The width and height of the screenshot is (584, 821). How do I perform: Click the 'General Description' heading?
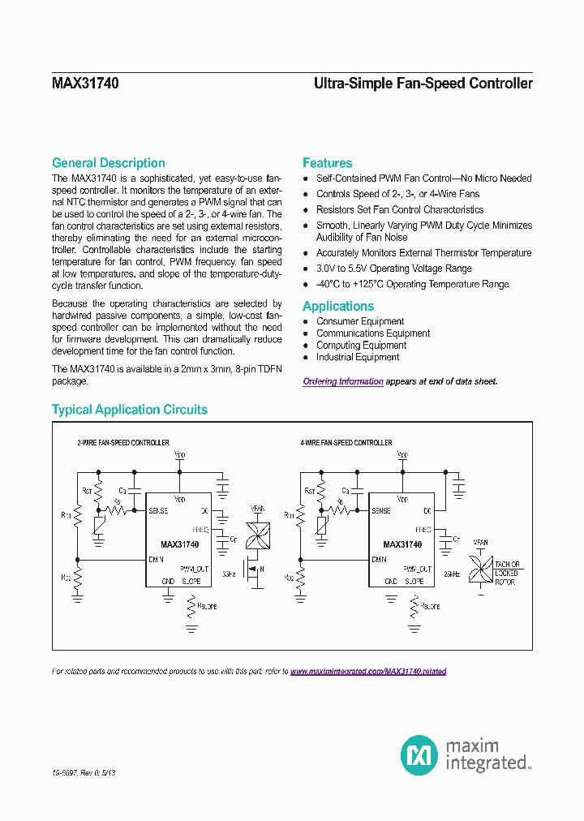108,163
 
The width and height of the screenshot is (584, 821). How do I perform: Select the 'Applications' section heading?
338,307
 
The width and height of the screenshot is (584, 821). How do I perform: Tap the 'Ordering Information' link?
343,381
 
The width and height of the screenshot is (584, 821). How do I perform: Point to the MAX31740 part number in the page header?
85,84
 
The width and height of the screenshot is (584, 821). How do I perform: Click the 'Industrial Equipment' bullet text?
358,357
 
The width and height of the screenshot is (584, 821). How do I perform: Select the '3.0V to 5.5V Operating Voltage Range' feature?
393,269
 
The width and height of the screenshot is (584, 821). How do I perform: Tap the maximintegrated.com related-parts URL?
368,672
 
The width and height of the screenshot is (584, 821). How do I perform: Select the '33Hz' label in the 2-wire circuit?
229,574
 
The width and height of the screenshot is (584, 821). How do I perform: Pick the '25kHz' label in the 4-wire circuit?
452,574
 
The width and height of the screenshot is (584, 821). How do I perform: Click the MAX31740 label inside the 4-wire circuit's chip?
402,544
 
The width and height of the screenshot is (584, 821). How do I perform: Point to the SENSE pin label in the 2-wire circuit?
158,511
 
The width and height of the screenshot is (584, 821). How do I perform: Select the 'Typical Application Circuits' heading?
130,410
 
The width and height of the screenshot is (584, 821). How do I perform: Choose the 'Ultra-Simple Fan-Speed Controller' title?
423,84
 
